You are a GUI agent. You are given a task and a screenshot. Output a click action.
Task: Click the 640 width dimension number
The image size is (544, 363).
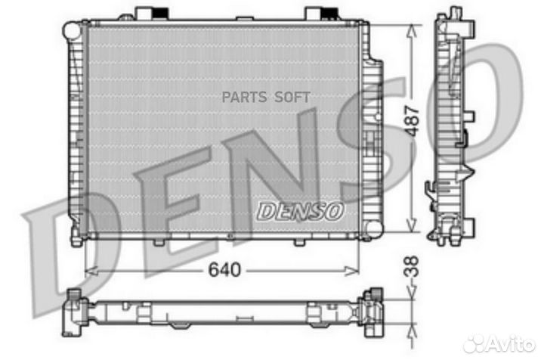pyautogui.click(x=221, y=271)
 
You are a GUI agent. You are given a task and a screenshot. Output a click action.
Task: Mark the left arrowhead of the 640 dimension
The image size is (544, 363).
pyautogui.click(x=88, y=269)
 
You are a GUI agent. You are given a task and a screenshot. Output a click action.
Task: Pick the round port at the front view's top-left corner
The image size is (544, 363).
pyautogui.click(x=71, y=30)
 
